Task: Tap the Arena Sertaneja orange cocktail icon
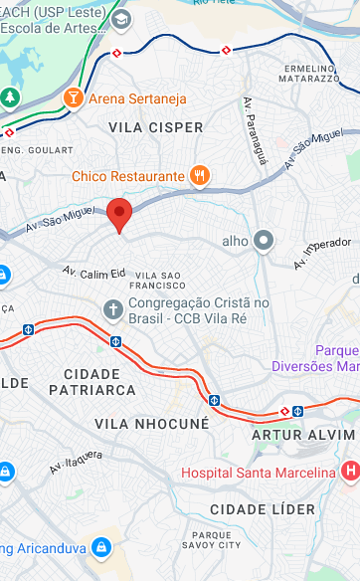pos(72,97)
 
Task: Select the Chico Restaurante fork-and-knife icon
pos(200,176)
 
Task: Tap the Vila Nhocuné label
pos(152,423)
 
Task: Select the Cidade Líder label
pos(264,509)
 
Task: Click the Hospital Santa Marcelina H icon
pos(349,470)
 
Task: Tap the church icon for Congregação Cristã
pos(113,309)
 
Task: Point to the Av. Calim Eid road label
pos(94,272)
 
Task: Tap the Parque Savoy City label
pos(216,540)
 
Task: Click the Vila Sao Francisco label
pos(158,281)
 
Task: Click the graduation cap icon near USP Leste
pos(121,19)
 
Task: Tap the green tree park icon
pos(10,97)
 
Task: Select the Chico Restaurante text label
pos(128,176)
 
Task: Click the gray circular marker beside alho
pos(264,240)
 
